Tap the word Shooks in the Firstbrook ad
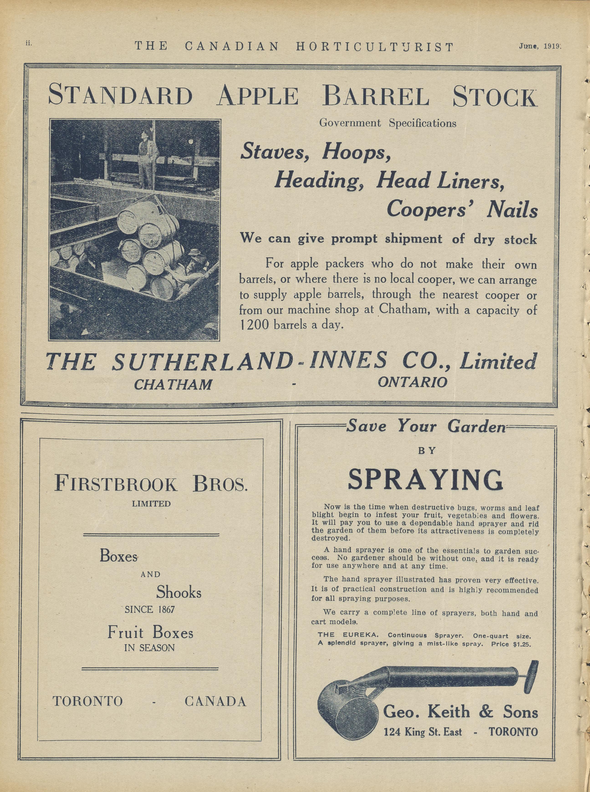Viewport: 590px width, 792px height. tap(179, 593)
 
